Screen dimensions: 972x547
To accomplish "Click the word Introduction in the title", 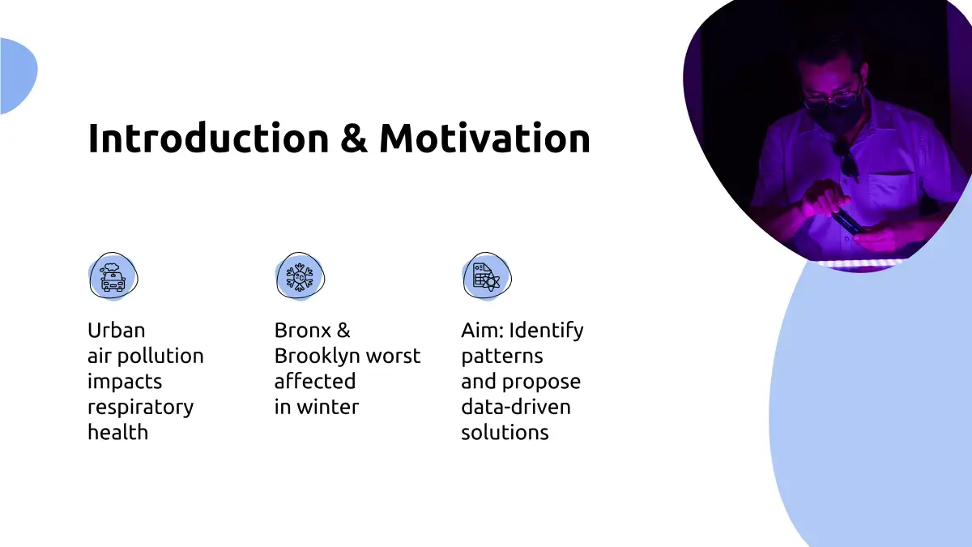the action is point(208,138).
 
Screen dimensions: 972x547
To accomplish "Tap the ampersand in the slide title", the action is point(354,138).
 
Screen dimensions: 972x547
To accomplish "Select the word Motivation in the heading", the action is point(484,138).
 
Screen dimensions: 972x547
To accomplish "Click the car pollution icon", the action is point(113,276).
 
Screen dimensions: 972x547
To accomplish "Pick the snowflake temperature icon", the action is point(300,276).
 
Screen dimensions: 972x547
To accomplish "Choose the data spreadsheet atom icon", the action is point(487,276).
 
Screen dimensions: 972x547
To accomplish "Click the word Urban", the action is point(117,331).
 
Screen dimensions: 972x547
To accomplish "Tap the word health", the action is point(118,433).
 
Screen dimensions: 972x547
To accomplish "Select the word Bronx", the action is point(302,331).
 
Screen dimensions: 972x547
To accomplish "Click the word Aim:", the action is point(483,331).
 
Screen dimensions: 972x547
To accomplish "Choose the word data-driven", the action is point(516,407).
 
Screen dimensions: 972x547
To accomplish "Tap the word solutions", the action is point(505,433).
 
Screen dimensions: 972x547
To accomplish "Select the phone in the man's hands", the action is point(848,220).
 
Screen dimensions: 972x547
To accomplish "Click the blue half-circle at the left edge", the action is point(18,76).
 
